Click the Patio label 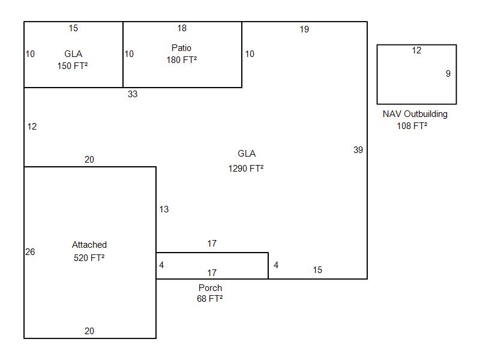(x=181, y=48)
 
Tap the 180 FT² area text (x=182, y=60)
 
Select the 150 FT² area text (x=73, y=66)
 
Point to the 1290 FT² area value (x=246, y=169)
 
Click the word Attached (x=89, y=245)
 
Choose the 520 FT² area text (x=89, y=258)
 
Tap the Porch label (x=210, y=288)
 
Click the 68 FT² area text (x=210, y=299)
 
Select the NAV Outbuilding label (x=415, y=114)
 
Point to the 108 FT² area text (x=412, y=126)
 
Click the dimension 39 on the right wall (x=358, y=150)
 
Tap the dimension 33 (x=133, y=94)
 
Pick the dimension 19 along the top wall (x=304, y=29)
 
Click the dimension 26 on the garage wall (x=30, y=252)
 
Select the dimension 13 (x=164, y=209)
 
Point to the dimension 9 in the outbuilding (x=448, y=74)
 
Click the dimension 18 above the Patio (x=182, y=28)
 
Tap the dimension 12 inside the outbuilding (x=416, y=50)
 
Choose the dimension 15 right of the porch (x=317, y=270)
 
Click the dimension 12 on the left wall (x=32, y=127)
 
